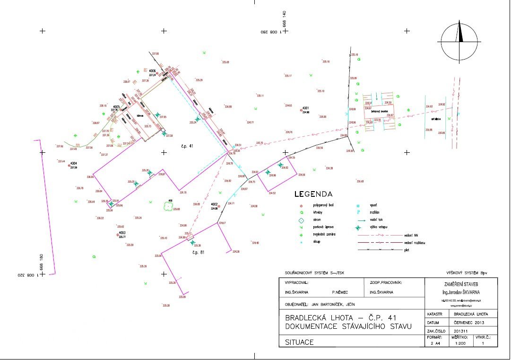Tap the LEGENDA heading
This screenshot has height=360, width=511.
[x=313, y=194]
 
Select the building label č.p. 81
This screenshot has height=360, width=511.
[x=198, y=253]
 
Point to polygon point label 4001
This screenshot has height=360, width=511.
[x=306, y=108]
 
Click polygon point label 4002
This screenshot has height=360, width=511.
[x=214, y=204]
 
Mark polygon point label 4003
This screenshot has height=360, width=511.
[x=122, y=233]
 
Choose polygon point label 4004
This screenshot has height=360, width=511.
[x=73, y=164]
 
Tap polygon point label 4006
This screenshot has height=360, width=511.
[x=152, y=71]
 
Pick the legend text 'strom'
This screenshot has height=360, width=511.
[x=315, y=220]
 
